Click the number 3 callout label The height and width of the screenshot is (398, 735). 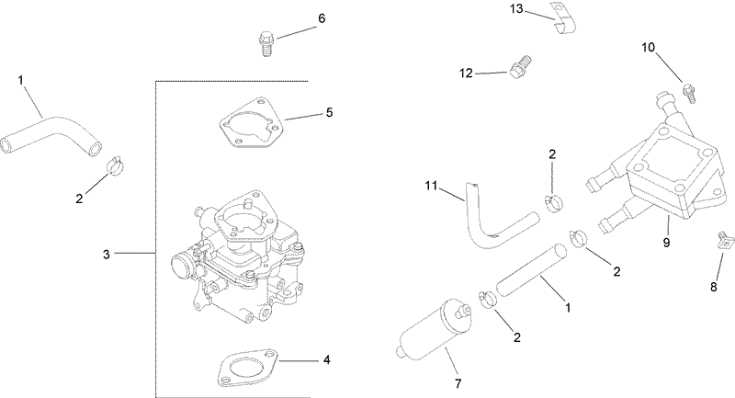click(x=106, y=252)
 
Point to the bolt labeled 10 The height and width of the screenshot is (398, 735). click(x=687, y=91)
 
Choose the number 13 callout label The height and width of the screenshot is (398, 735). click(x=516, y=10)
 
